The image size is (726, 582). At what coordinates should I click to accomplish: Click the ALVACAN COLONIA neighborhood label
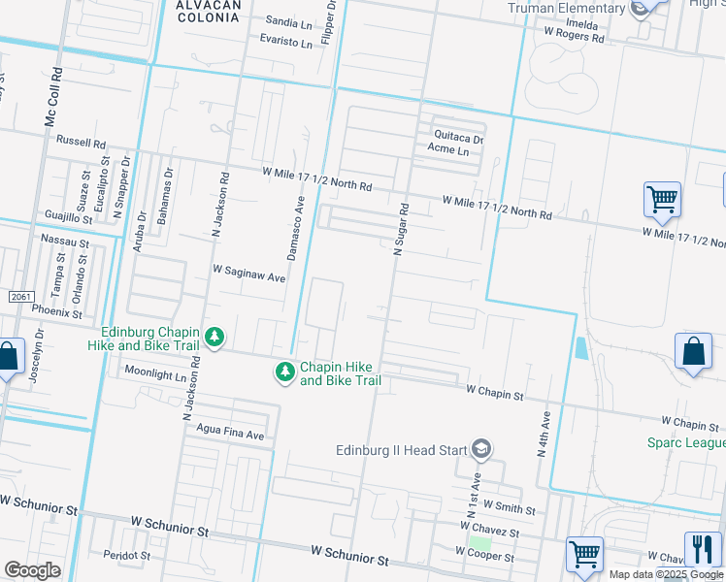(x=208, y=11)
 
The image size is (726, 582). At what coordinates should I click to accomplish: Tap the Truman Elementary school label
(x=568, y=9)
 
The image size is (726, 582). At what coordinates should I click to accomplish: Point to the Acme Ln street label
(x=448, y=151)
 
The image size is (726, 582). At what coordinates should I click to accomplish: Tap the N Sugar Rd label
(x=399, y=229)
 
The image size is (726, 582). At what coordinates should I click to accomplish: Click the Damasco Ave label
(x=295, y=227)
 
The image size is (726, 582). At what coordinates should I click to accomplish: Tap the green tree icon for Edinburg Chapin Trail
(x=214, y=338)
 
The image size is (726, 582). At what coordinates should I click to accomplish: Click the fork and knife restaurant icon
(x=703, y=549)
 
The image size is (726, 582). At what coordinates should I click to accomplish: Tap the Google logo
(x=32, y=569)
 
